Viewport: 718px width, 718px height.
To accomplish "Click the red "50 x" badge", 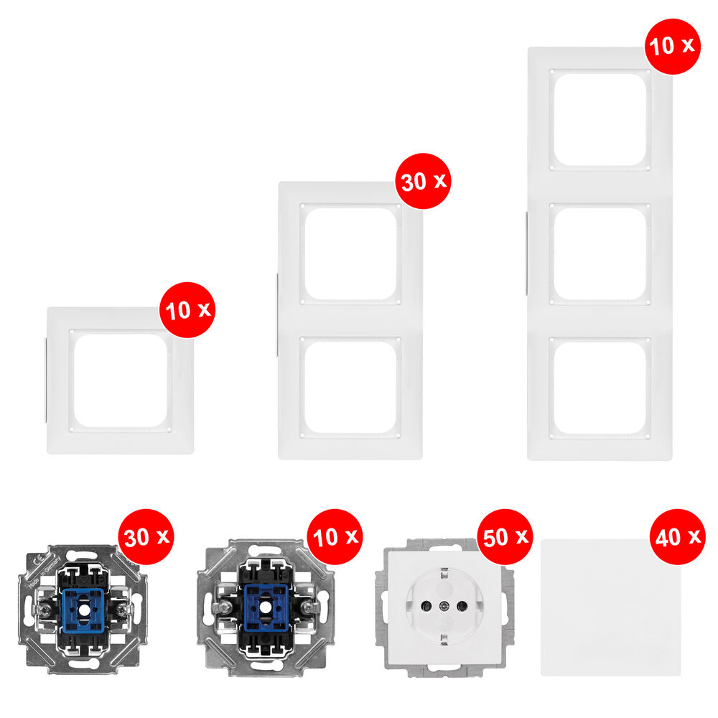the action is pos(505,536).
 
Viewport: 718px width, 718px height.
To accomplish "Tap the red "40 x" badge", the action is pos(678,536).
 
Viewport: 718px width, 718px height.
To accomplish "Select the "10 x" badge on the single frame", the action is pos(187,310).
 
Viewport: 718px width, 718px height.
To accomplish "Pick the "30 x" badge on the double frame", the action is pos(423,182).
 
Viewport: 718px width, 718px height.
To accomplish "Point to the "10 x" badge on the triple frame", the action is pos(673,46).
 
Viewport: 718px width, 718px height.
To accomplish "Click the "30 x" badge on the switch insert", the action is pos(146,536).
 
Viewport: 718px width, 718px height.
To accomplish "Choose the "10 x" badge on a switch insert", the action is pos(335,536).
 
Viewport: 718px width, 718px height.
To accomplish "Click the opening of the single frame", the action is pos(121,381).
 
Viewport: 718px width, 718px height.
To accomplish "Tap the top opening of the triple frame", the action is pos(600,119).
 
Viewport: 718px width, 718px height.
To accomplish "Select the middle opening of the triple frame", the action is pos(600,254).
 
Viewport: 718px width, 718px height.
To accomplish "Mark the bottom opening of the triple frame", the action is pos(600,388).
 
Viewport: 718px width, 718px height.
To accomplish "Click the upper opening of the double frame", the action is pos(351,254).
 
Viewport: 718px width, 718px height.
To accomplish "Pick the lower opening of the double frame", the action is pos(351,388).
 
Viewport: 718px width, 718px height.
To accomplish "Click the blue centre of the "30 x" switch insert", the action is pos(83,610).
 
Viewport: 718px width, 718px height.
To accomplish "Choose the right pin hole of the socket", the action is pos(462,607).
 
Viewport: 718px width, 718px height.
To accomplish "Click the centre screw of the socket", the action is pos(444,607).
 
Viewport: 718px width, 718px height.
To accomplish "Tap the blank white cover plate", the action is pos(611,607).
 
